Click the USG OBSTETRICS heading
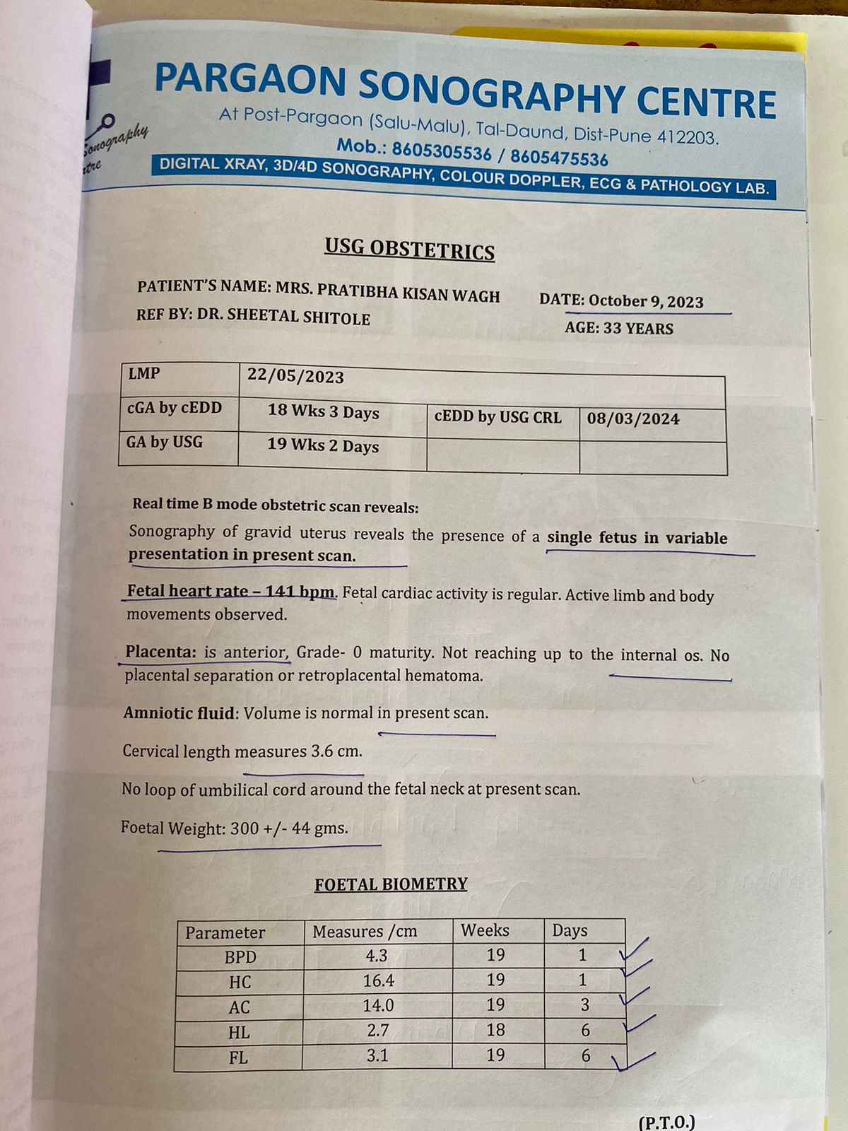(x=409, y=250)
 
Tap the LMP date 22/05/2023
(x=295, y=376)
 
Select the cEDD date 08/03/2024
(x=633, y=418)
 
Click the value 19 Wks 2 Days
(x=323, y=445)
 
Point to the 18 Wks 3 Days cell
(x=323, y=412)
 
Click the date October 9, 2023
(x=646, y=302)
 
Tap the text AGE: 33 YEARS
(x=619, y=328)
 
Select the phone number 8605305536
(x=442, y=151)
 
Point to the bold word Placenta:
(x=160, y=652)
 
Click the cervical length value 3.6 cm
(x=336, y=751)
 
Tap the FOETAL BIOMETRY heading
(x=391, y=884)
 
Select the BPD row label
(x=240, y=957)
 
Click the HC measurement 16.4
(x=378, y=980)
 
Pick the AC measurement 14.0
(x=378, y=1005)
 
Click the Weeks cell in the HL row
(x=495, y=1030)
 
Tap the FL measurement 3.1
(x=378, y=1055)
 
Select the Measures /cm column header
(x=365, y=932)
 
